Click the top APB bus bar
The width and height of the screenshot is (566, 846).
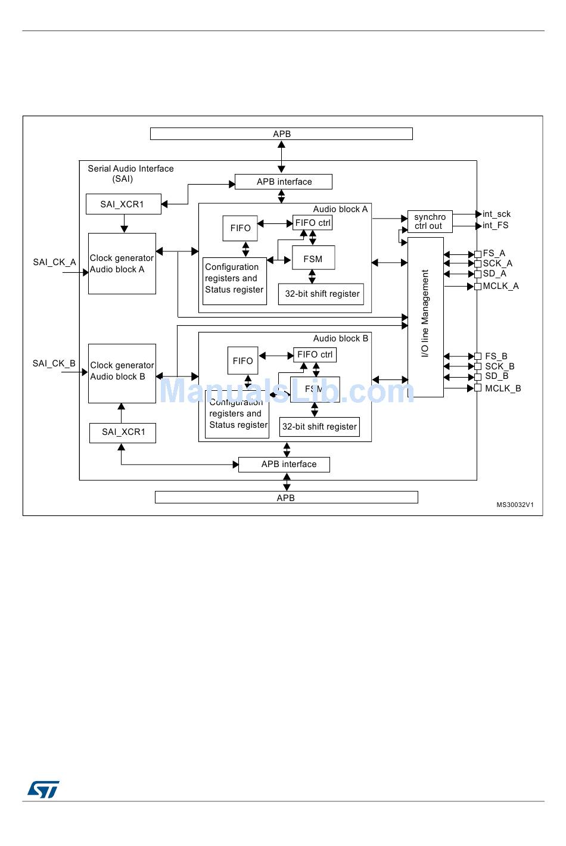click(x=281, y=134)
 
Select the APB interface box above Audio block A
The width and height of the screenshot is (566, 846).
click(x=284, y=182)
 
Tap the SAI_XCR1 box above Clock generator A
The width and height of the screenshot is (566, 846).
click(x=123, y=204)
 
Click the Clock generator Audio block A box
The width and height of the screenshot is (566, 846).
click(x=122, y=263)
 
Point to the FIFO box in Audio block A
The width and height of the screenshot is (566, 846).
click(x=240, y=228)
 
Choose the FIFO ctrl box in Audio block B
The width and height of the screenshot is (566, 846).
click(x=315, y=354)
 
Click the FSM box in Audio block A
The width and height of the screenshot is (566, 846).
click(x=313, y=259)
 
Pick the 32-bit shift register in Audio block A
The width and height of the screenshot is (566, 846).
click(x=321, y=294)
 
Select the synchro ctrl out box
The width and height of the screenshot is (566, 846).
click(x=430, y=222)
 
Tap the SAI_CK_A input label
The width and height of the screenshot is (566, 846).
click(x=54, y=262)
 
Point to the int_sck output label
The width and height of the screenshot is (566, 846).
click(x=496, y=214)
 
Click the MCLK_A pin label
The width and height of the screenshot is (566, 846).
click(x=500, y=286)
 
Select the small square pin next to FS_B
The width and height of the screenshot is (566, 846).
click(x=478, y=356)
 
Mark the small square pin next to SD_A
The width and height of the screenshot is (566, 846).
click(x=478, y=274)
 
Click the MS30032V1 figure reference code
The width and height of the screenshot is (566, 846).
click(x=515, y=505)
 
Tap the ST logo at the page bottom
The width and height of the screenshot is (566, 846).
click(x=43, y=789)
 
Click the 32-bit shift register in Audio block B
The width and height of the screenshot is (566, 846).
click(x=319, y=427)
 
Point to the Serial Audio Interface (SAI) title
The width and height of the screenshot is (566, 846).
click(x=130, y=173)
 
